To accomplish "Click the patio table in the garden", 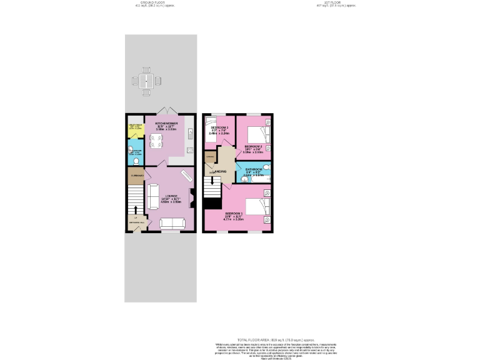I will pos(146,81).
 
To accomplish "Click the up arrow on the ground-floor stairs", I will pos(135,209).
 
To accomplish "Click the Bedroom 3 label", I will pos(219,129).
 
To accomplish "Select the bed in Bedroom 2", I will pos(257,135).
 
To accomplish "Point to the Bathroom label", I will pos(253,170).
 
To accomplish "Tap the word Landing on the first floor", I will pos(219,171).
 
